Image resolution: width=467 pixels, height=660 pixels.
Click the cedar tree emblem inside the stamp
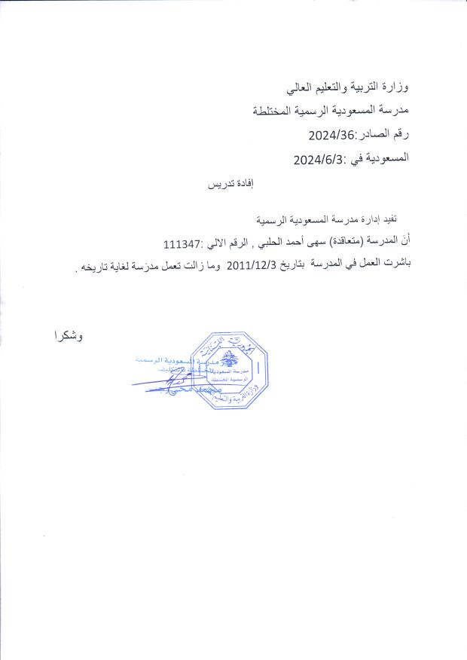click(228, 354)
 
